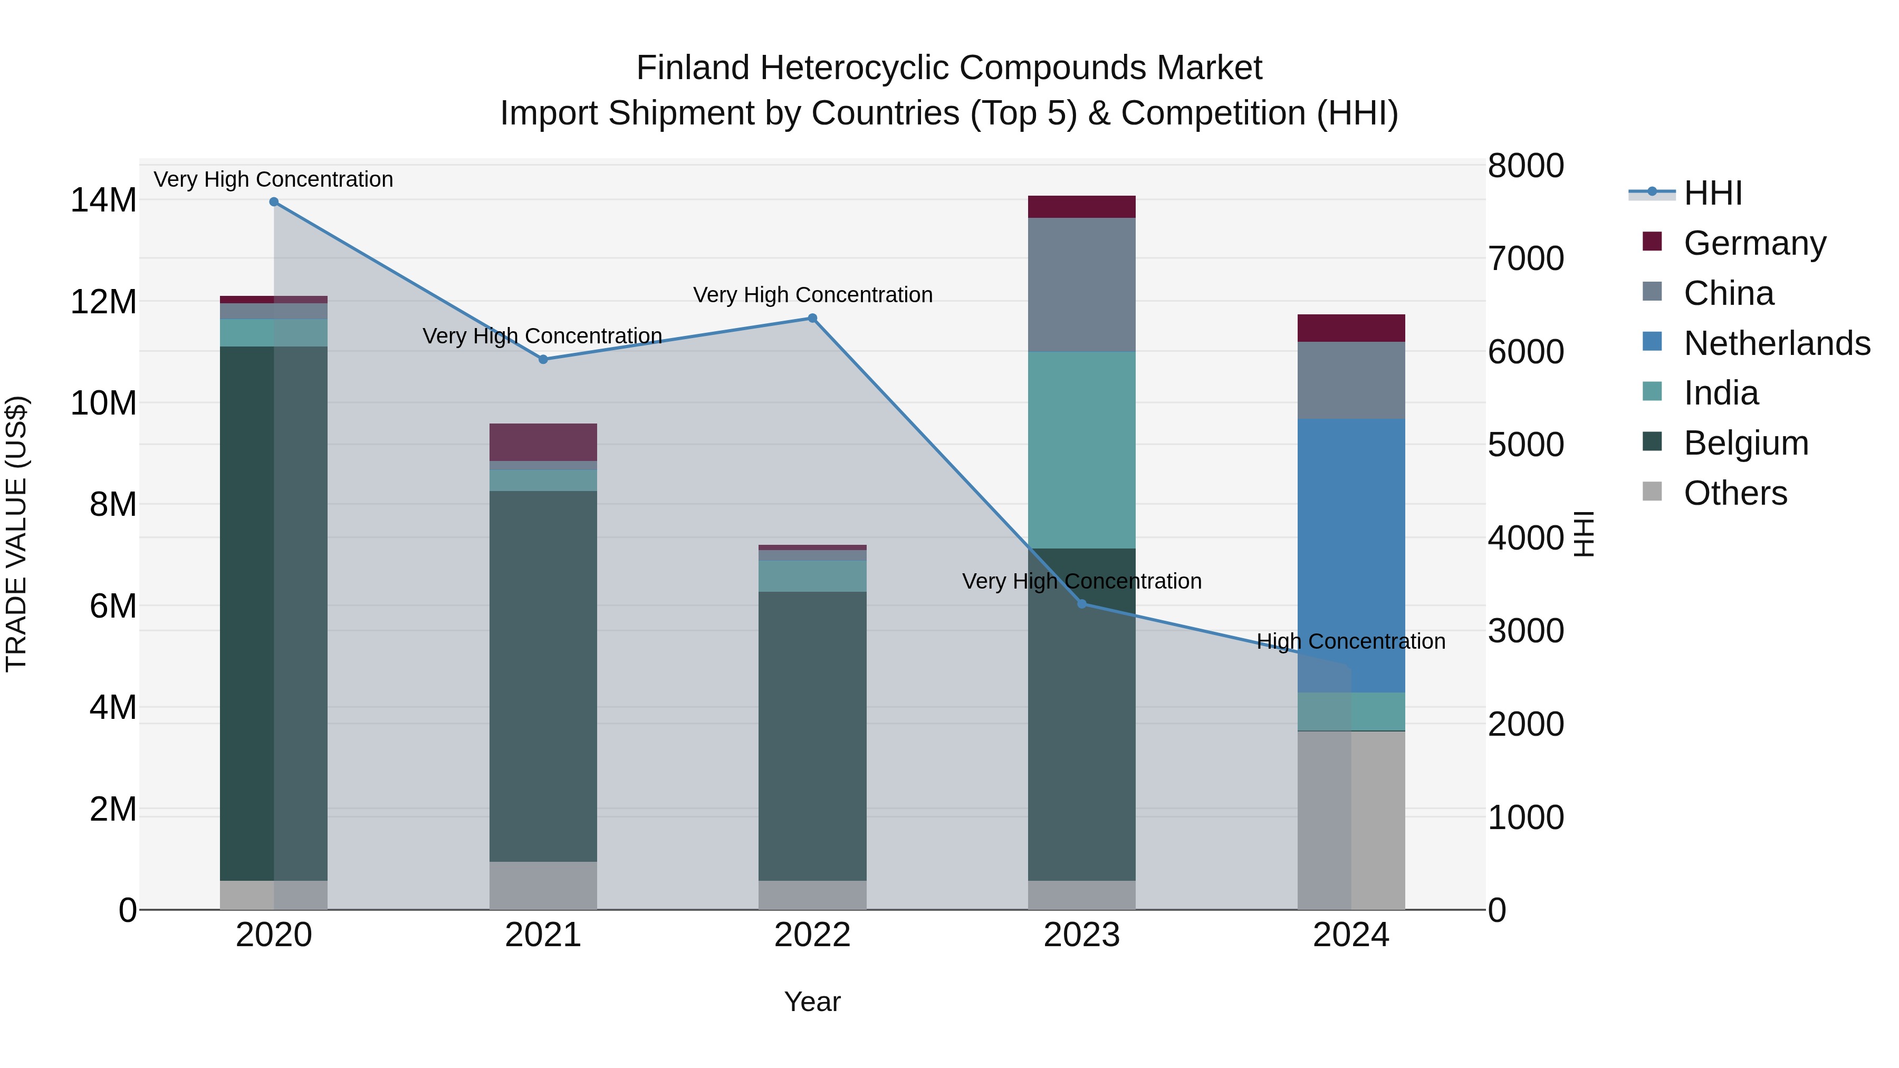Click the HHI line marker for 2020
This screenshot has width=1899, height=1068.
(x=273, y=202)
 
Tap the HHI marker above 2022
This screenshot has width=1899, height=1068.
(x=812, y=319)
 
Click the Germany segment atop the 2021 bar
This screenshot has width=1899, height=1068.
(x=543, y=442)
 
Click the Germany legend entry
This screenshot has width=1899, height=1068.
(x=1754, y=243)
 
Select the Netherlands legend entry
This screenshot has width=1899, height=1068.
(x=1777, y=343)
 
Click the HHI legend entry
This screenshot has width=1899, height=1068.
(x=1712, y=193)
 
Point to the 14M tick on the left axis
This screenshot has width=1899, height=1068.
(x=103, y=200)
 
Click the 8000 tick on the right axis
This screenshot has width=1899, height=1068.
(x=1525, y=166)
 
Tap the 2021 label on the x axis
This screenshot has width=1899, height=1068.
(x=543, y=935)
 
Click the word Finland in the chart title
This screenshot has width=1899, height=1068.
(x=693, y=68)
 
